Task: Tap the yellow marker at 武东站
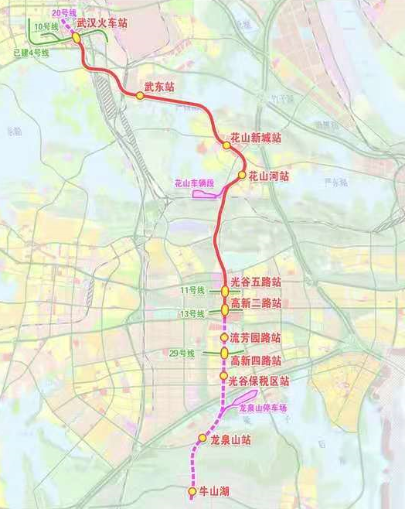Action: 140,96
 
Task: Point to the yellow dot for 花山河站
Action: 242,176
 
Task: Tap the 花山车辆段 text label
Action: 193,183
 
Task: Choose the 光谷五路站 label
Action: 256,282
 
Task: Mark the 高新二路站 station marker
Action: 225,309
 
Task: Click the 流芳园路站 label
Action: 256,339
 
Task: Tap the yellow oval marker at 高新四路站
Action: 224,353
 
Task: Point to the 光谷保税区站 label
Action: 260,381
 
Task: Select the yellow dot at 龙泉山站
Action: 202,439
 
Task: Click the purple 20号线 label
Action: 63,13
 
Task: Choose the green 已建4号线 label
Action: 31,53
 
